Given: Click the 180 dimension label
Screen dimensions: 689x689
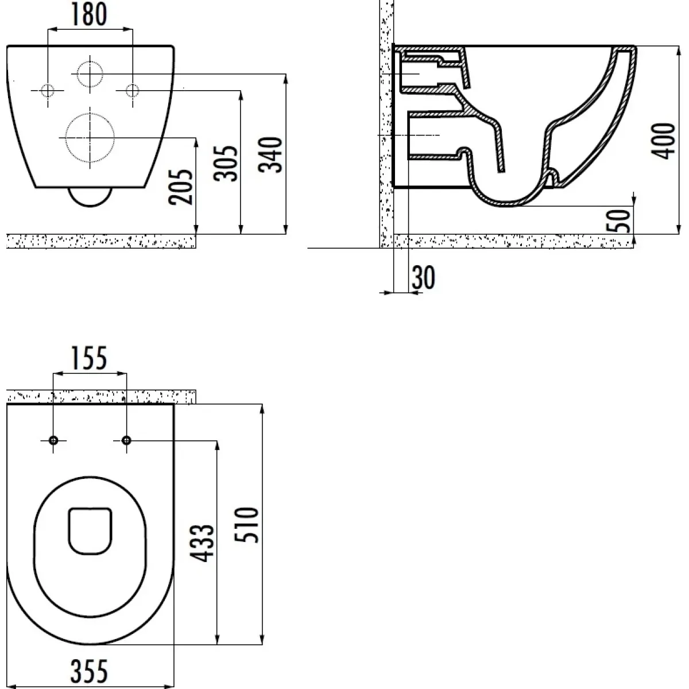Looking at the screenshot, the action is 90,14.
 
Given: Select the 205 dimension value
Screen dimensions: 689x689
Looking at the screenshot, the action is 181,187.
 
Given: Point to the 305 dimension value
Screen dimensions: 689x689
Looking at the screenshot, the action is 226,164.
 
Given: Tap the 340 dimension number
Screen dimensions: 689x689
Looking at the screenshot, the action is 270,155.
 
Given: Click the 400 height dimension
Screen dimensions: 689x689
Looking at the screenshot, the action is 663,141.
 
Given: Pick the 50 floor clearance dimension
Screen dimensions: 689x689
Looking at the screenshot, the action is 618,220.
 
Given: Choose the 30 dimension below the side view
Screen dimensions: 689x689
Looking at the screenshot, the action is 424,277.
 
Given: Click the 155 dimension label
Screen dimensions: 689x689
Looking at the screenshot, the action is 90,358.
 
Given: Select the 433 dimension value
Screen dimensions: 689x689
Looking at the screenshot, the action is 202,543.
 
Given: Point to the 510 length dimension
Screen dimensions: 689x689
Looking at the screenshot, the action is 247,525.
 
